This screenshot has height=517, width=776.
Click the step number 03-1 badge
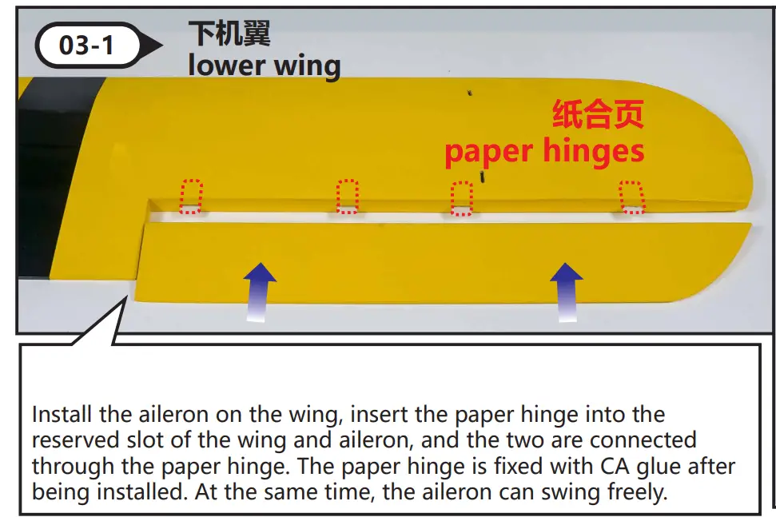pos(87,46)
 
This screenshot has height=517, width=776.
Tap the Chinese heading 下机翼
pos(229,34)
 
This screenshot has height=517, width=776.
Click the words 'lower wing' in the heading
pos(264,66)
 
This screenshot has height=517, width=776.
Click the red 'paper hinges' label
pos(544,151)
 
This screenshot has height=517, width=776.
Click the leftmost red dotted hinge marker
pos(191,197)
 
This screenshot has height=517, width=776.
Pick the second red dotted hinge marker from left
pos(348,197)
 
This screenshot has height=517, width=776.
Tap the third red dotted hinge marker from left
pos(462,199)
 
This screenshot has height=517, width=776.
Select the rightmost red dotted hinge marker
pos(632,197)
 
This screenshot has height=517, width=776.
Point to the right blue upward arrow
pos(567,290)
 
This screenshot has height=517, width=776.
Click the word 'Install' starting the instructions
pos(62,416)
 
